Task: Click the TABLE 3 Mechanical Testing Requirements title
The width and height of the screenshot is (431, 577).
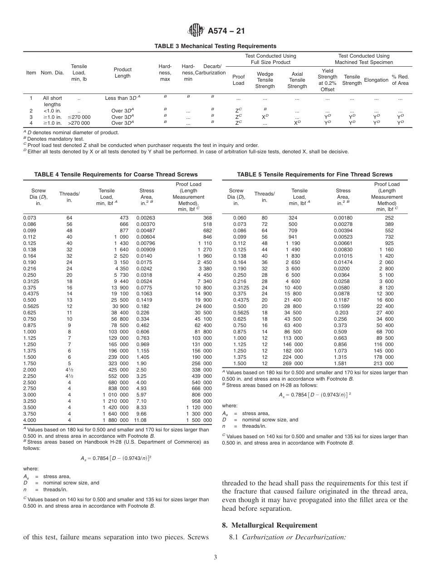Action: point(215,46)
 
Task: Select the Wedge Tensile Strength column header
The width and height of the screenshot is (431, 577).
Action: point(265,80)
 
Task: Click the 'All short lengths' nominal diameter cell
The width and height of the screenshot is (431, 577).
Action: point(52,101)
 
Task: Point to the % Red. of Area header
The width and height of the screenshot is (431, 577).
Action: point(400,80)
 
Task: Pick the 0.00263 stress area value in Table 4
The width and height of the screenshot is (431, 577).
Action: point(146,218)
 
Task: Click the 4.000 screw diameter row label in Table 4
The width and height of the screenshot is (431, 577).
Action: point(30,420)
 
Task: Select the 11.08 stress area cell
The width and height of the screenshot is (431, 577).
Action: point(140,420)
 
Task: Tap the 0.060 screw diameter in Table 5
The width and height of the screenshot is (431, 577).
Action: point(236,218)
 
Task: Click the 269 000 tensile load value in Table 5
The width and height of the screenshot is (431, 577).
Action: point(294,363)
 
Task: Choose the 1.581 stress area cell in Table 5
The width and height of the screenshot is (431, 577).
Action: point(340,363)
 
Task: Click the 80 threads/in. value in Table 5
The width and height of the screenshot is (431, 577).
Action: point(264,218)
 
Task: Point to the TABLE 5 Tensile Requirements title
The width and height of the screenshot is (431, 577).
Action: point(315,175)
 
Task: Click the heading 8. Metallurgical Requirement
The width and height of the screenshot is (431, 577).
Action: point(269,525)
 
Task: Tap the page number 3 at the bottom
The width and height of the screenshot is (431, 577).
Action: point(215,557)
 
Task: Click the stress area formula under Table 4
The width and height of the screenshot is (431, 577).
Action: point(116,458)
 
